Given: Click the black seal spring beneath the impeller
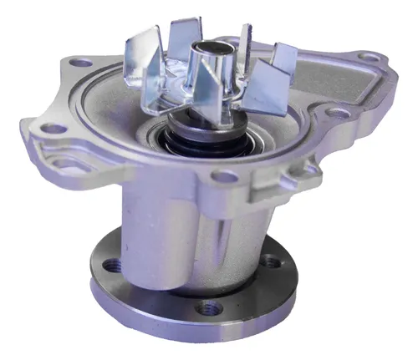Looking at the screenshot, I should (x=201, y=133).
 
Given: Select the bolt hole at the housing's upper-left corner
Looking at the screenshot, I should (x=82, y=62).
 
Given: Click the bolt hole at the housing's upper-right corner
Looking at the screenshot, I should (x=365, y=57).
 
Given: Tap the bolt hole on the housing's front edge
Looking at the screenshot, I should (x=224, y=176).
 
